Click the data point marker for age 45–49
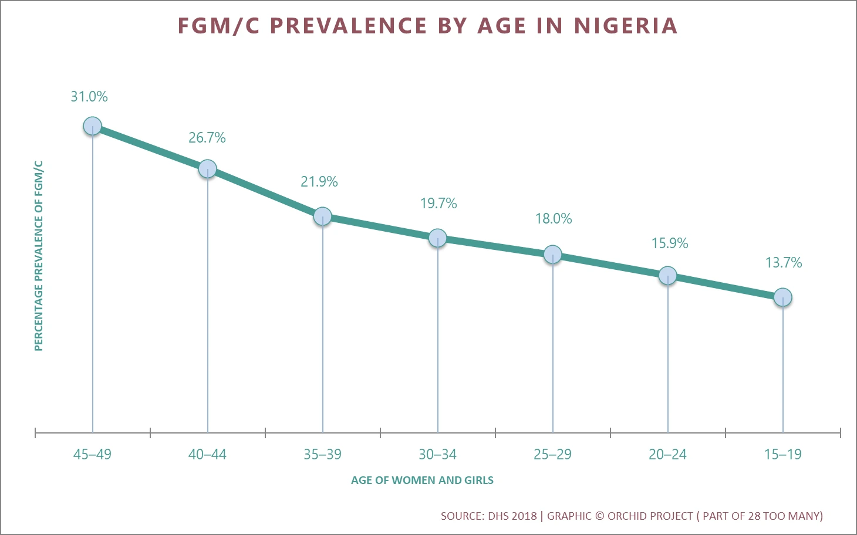click(x=92, y=126)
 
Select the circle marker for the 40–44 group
click(x=207, y=169)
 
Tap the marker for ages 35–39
click(x=322, y=216)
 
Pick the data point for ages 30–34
click(x=437, y=238)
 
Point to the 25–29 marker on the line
click(x=552, y=255)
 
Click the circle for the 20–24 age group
click(x=667, y=275)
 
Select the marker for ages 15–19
click(x=782, y=297)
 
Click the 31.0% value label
click(x=89, y=97)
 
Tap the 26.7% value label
click(x=207, y=138)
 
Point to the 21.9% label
click(x=319, y=182)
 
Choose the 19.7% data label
click(x=438, y=204)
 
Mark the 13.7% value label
click(x=783, y=263)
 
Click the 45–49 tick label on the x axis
click(x=92, y=454)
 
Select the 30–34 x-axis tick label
click(x=437, y=454)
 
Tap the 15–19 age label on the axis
click(x=782, y=454)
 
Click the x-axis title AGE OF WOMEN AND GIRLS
click(x=422, y=480)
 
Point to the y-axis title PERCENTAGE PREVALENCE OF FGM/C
click(x=39, y=256)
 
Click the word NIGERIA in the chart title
click(x=626, y=26)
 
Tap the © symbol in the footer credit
click(x=599, y=516)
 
